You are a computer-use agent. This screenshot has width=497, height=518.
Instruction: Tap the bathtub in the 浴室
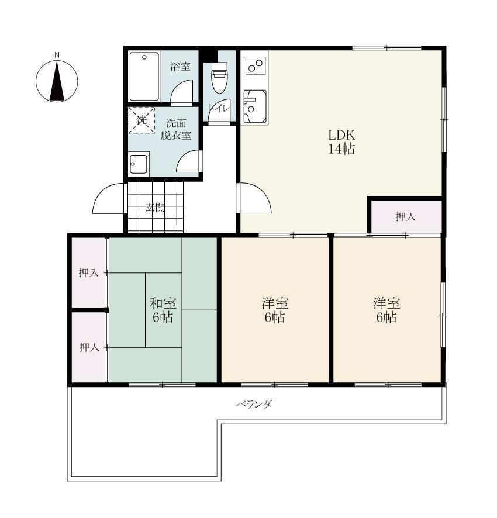coord(144,77)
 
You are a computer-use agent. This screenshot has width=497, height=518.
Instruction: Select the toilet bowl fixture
coord(219,78)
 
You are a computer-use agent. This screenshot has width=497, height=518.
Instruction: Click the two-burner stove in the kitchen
coord(256,65)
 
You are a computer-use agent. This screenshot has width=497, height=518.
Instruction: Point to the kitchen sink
coord(255,106)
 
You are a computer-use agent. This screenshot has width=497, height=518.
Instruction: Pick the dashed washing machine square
coord(141,120)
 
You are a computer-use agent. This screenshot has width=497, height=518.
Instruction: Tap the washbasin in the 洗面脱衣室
coord(139,163)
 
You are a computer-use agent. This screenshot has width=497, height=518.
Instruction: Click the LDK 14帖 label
coord(341,142)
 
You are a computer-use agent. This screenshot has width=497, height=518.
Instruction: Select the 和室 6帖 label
coord(163,310)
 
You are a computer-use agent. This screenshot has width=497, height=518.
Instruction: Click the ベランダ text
coord(254,403)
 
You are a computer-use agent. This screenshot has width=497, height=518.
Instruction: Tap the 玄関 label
coord(156,208)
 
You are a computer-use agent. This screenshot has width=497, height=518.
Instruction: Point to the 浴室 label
coord(180,67)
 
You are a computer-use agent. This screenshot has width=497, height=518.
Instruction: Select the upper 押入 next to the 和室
coord(88,272)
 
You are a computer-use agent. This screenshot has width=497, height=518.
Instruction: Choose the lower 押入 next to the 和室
coord(88,347)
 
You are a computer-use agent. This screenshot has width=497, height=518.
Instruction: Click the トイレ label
coord(219,108)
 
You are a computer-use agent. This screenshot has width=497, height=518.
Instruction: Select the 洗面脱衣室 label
coord(176,129)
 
